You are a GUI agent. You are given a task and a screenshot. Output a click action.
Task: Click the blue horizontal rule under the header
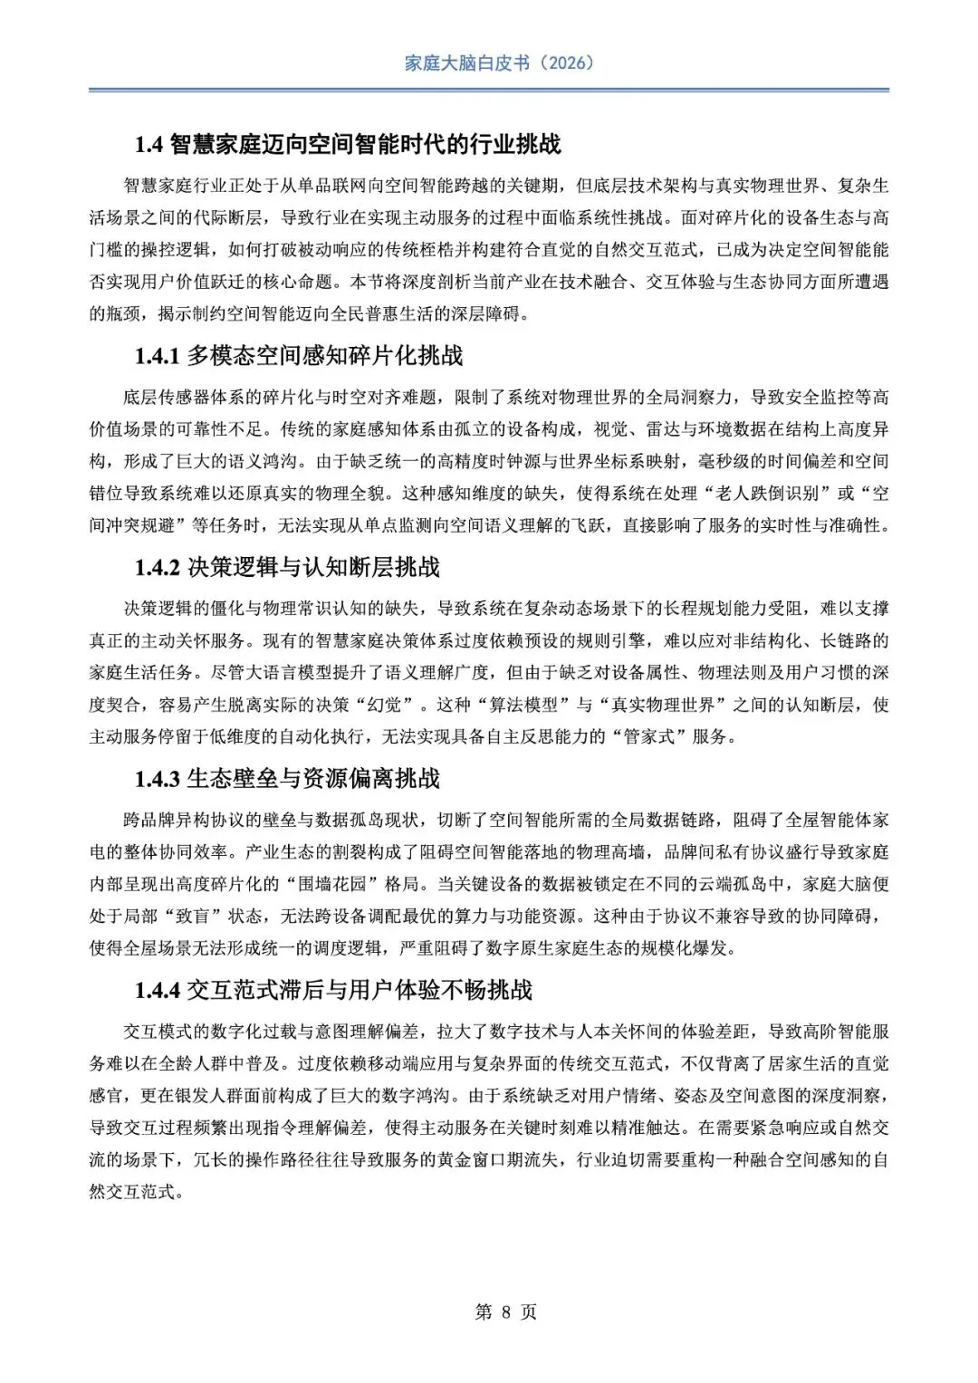click(489, 90)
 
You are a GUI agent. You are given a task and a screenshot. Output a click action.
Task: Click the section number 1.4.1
click(158, 356)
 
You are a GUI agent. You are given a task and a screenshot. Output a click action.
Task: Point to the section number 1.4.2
click(158, 568)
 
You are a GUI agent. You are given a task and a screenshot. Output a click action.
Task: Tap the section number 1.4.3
click(158, 779)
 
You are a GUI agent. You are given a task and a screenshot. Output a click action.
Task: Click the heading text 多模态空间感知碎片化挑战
click(324, 356)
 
